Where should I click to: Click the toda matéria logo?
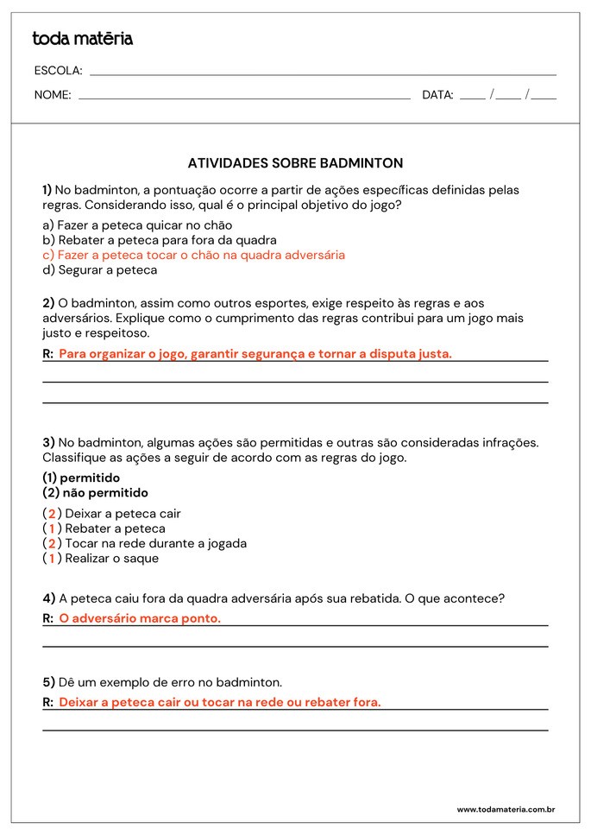click(82, 39)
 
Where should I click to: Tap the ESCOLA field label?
click(58, 71)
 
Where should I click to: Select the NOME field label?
click(53, 95)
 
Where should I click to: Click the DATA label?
click(437, 95)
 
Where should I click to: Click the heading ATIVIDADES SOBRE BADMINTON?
click(295, 162)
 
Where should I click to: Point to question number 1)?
click(47, 190)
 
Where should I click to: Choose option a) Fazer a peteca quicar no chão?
click(137, 225)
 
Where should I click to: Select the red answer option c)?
click(194, 255)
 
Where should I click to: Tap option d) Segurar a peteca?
click(100, 269)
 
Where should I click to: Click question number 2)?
click(48, 303)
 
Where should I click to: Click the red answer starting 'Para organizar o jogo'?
click(255, 353)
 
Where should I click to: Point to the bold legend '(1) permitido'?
click(81, 478)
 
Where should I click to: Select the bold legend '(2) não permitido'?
click(95, 493)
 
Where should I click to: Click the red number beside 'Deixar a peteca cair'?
click(52, 514)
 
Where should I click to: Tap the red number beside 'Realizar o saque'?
click(52, 558)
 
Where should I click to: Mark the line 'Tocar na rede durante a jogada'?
click(155, 543)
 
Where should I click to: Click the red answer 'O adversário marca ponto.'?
click(140, 618)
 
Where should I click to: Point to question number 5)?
click(48, 682)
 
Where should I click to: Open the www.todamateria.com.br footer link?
click(505, 809)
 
